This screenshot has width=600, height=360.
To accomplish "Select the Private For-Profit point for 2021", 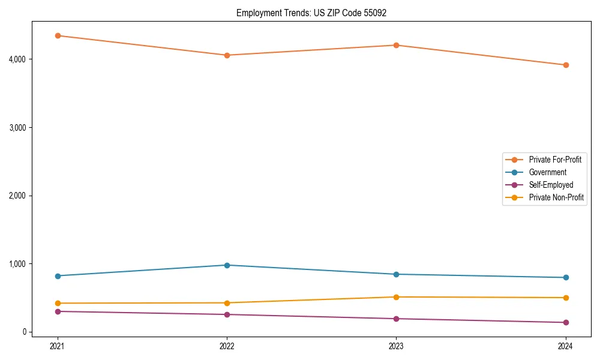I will pyautogui.click(x=58, y=35).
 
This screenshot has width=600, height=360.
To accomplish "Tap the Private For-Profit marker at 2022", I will pyautogui.click(x=227, y=55).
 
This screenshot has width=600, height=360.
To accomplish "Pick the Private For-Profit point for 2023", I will pyautogui.click(x=396, y=45).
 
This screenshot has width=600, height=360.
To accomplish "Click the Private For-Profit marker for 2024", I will pyautogui.click(x=565, y=65).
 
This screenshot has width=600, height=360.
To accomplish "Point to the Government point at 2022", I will pyautogui.click(x=227, y=265).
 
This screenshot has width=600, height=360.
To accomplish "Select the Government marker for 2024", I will pyautogui.click(x=565, y=277).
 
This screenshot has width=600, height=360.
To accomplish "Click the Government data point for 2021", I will pyautogui.click(x=58, y=276).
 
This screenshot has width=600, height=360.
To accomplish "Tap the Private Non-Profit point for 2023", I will pyautogui.click(x=396, y=297).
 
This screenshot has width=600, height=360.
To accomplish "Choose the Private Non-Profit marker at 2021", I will pyautogui.click(x=58, y=303).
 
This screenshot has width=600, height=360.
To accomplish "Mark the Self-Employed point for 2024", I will pyautogui.click(x=565, y=322).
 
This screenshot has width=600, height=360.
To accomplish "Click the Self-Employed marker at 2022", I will pyautogui.click(x=227, y=314).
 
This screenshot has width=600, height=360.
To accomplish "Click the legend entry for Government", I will pyautogui.click(x=547, y=172).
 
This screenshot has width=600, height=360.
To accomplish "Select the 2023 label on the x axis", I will pyautogui.click(x=396, y=346).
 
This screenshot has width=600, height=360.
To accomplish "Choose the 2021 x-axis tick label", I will pyautogui.click(x=58, y=346).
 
